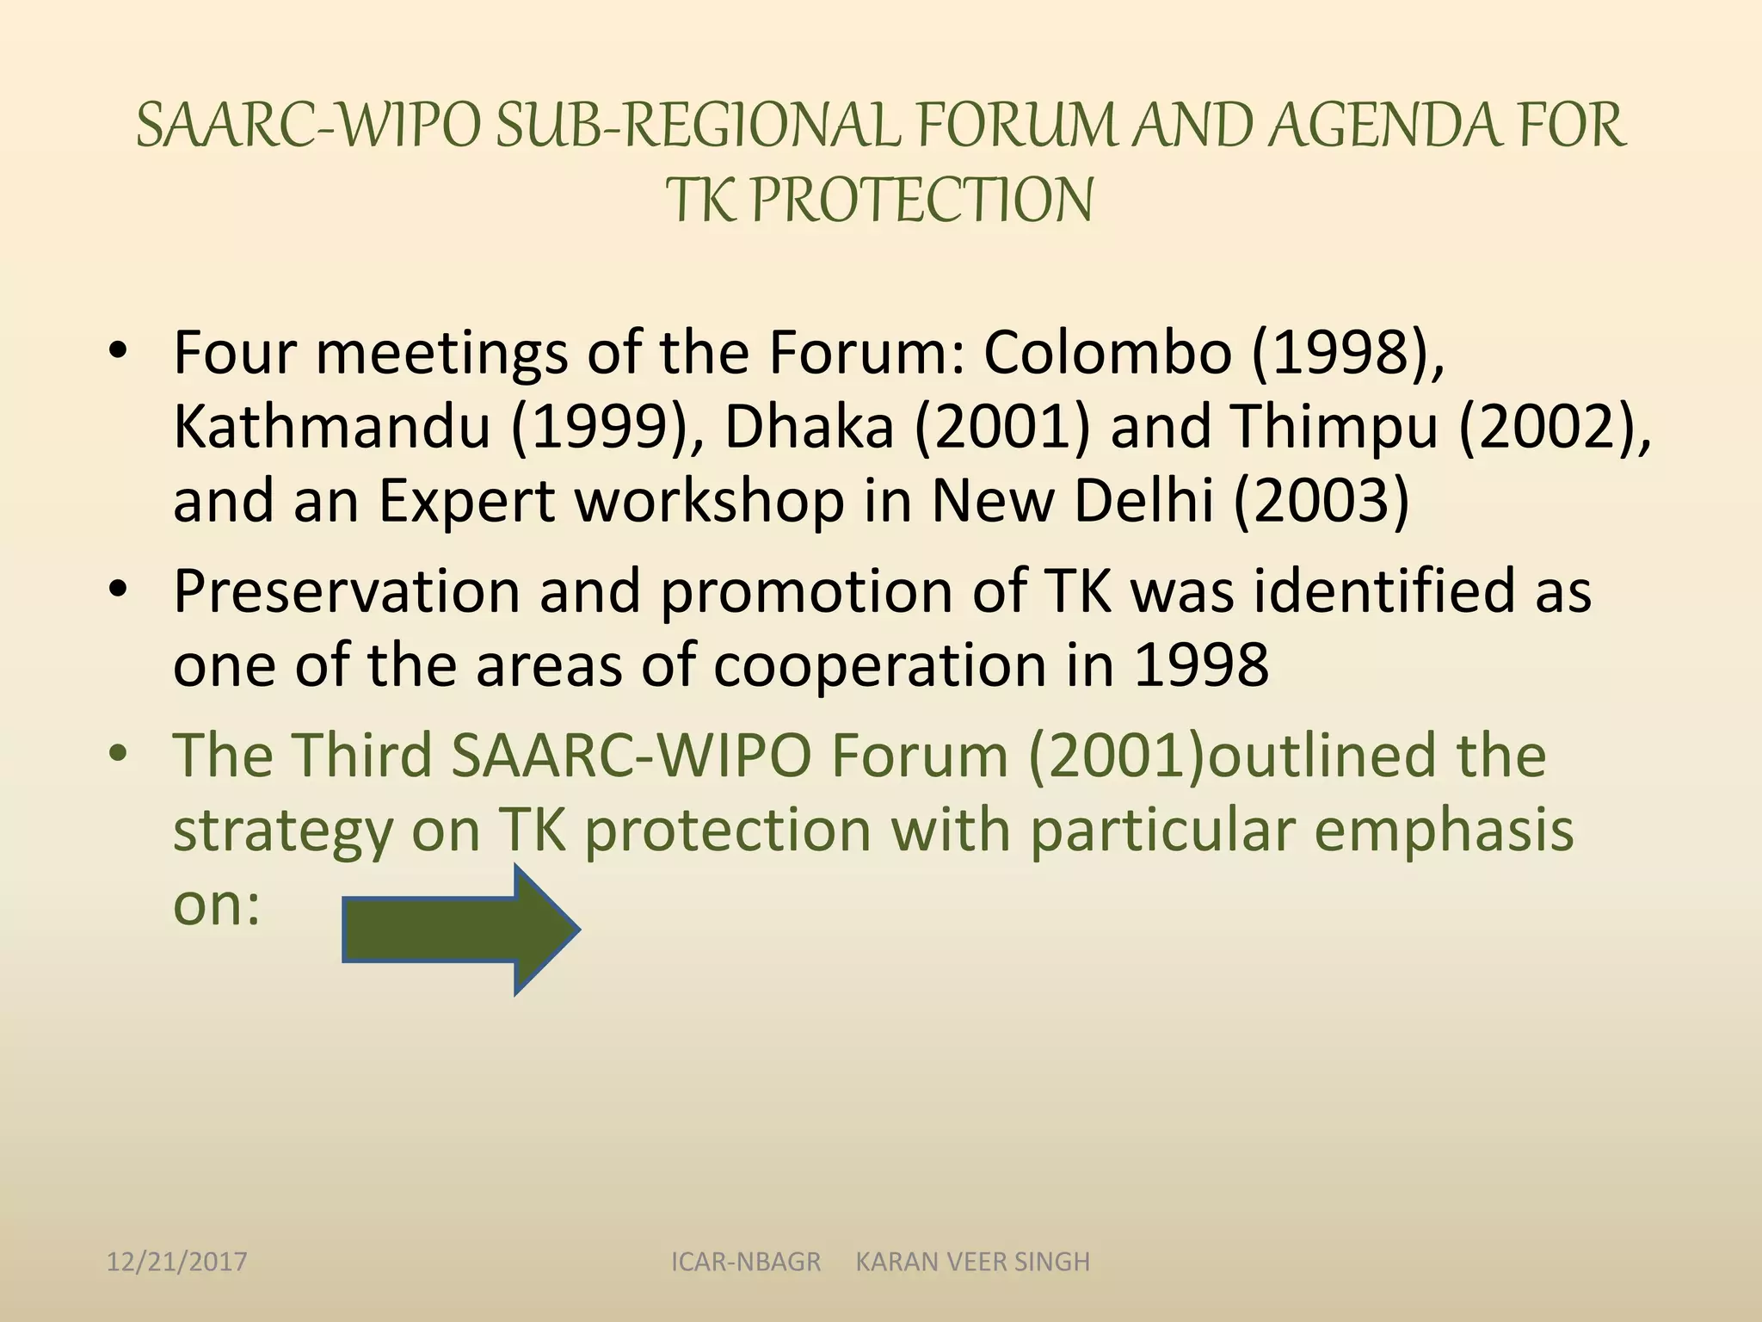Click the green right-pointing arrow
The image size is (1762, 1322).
[460, 930]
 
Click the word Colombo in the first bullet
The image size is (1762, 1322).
[1107, 353]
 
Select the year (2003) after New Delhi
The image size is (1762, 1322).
[1321, 502]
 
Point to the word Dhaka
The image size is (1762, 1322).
[809, 428]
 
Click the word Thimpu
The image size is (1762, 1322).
[1334, 428]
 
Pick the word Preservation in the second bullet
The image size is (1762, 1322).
[346, 592]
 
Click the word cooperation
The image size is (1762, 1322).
[879, 667]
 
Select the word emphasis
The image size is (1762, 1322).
[1444, 831]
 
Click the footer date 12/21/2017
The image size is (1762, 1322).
[176, 1262]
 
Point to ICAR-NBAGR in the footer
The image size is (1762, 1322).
[746, 1262]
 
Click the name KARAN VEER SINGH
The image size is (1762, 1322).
[972, 1262]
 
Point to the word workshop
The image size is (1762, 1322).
[710, 502]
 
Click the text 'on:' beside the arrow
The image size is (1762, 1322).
[217, 905]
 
